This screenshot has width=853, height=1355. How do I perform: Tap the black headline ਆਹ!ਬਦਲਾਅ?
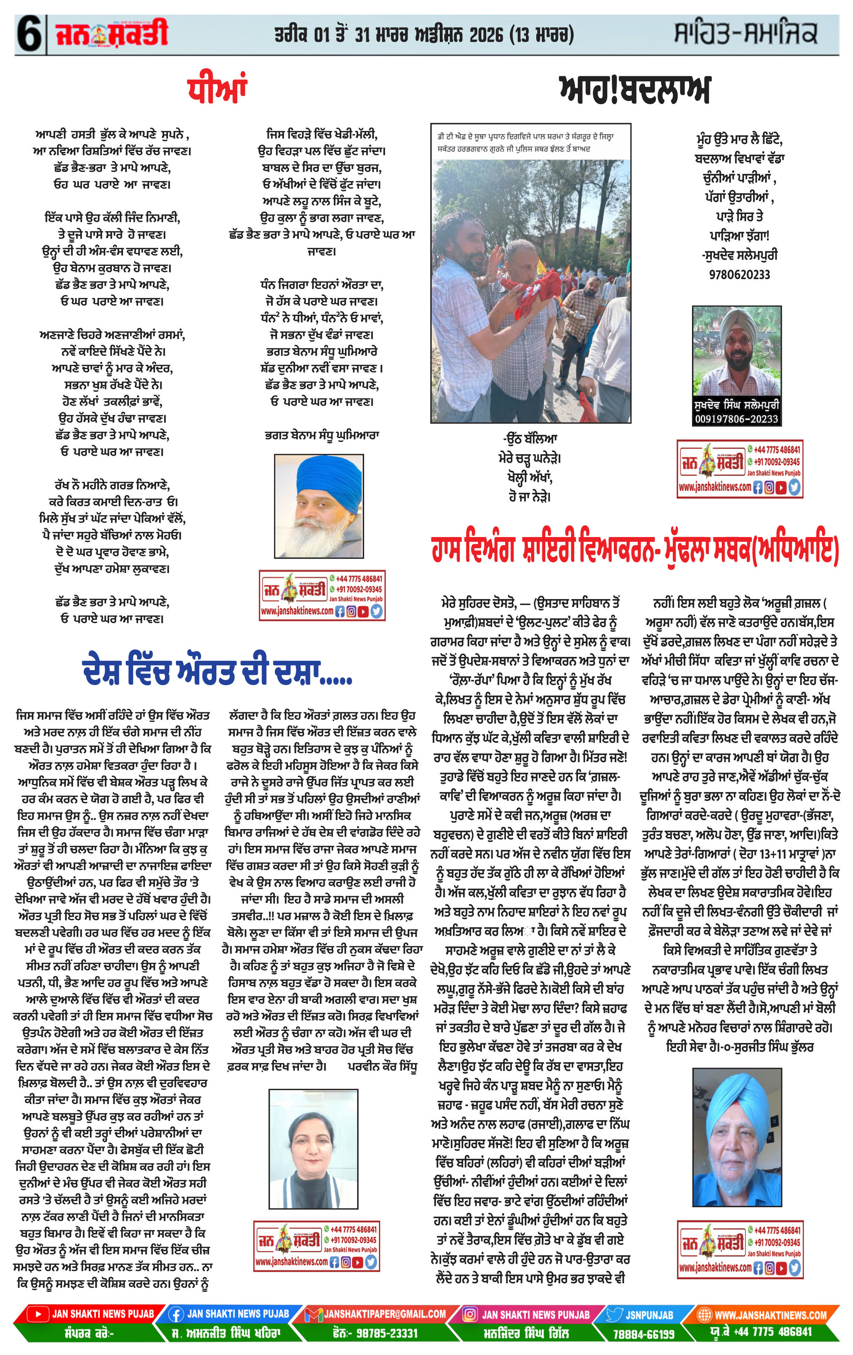[635, 90]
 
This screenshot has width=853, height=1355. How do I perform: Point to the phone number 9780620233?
[739, 275]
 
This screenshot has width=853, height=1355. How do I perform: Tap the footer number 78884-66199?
[643, 1334]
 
